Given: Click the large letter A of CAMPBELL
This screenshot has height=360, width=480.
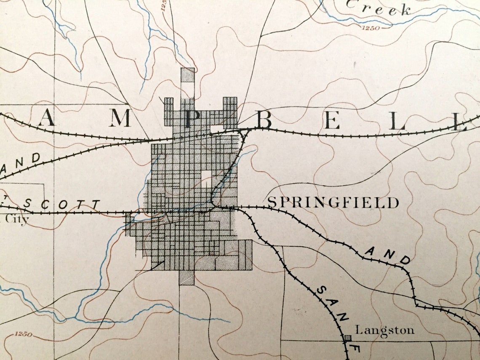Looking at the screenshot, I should pos(47,120).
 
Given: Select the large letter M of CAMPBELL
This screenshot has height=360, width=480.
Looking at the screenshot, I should pos(120,120).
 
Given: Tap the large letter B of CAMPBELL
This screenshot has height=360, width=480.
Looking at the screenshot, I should pos(264,121).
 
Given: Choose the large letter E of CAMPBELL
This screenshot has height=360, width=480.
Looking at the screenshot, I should pos(331,122).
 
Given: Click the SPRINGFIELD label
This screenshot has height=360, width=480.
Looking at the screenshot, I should pos(333,203).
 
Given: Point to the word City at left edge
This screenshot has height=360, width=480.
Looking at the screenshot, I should pos(17,219).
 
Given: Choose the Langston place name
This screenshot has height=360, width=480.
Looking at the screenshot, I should pos(384,330).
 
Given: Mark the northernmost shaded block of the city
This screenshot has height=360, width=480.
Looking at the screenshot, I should pos(187,75).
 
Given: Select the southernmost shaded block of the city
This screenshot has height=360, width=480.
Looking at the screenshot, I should pos(187,277).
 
